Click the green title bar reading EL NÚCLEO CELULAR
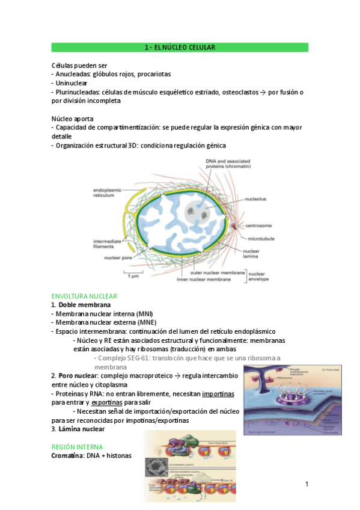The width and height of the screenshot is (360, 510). pos(180,47)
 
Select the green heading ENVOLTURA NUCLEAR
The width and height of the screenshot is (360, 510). pos(84,296)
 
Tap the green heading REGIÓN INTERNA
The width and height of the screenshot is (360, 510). pos(77,447)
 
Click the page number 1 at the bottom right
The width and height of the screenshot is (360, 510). pos(306,484)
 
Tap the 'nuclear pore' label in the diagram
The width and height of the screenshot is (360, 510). pos(118,258)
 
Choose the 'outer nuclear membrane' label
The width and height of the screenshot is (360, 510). pos(217,272)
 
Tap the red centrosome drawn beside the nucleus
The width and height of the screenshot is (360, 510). pos(234,226)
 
